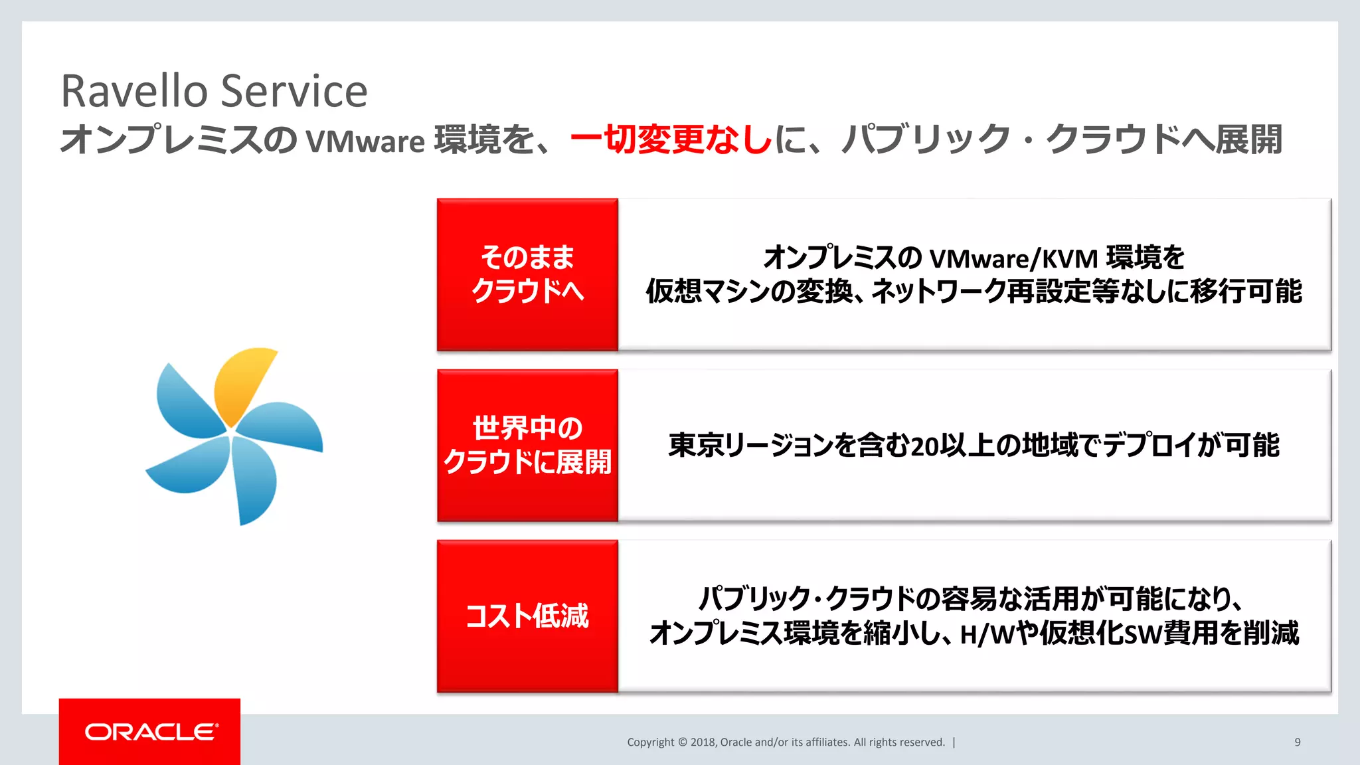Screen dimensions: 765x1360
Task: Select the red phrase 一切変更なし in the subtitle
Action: tap(671, 139)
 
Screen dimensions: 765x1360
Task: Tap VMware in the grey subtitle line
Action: tap(365, 141)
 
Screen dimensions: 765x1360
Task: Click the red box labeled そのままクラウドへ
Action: tap(527, 274)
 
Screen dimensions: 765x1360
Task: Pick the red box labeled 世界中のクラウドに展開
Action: tap(527, 446)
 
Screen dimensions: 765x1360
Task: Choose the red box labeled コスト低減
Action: tap(527, 616)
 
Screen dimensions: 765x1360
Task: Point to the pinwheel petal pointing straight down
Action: tap(255, 481)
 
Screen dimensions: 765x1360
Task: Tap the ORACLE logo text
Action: tap(151, 732)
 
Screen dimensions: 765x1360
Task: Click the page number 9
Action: tap(1297, 742)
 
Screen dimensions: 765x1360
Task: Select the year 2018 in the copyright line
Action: tap(703, 742)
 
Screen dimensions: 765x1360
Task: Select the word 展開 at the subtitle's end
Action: tap(1248, 139)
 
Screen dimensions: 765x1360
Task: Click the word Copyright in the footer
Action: tap(650, 742)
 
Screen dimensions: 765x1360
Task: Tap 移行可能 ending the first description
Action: tap(1246, 292)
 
